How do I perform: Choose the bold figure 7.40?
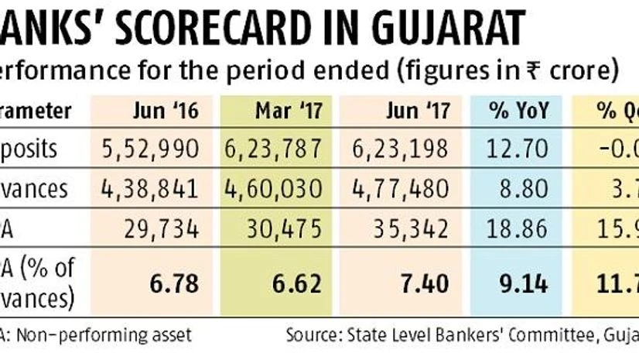coord(427,283)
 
